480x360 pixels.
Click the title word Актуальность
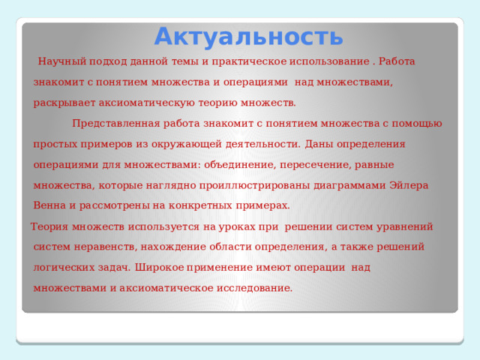249,35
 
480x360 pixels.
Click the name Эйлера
409,185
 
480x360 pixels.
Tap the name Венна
48,205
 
